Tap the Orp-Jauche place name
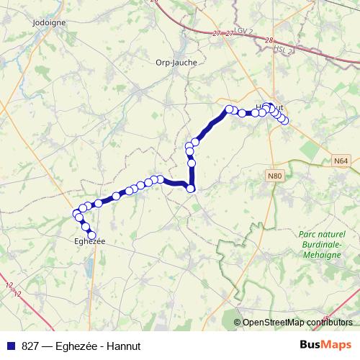[176, 62]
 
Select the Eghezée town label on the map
[90, 241]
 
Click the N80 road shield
[274, 176]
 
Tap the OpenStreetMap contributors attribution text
[302, 323]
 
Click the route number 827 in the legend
[30, 346]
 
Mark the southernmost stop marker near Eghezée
[91, 234]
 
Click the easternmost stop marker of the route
[284, 120]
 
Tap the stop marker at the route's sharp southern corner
[191, 189]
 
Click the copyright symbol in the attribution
[238, 323]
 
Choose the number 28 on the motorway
[269, 40]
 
